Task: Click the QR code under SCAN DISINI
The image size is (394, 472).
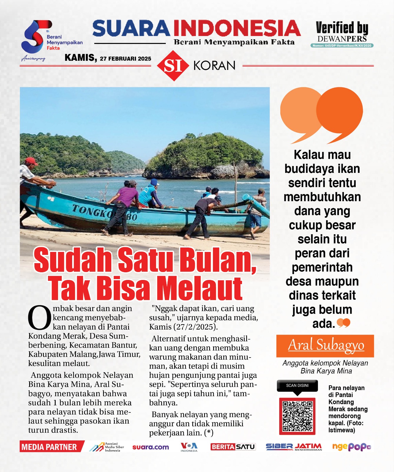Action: tap(297, 416)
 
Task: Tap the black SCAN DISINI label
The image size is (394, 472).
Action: tap(297, 385)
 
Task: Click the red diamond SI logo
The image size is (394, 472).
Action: tap(173, 65)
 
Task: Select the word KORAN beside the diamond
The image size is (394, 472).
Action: tap(214, 65)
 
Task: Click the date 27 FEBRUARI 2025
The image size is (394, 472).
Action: tap(125, 58)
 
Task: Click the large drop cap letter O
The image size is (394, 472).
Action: tap(39, 318)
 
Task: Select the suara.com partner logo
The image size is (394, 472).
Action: tap(150, 447)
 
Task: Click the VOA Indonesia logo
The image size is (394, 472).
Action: tap(189, 447)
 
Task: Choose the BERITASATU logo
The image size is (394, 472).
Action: tap(233, 447)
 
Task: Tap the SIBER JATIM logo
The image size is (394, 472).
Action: tap(294, 447)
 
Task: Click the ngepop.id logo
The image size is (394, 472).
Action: tap(351, 447)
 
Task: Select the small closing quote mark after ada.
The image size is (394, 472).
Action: tap(343, 323)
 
